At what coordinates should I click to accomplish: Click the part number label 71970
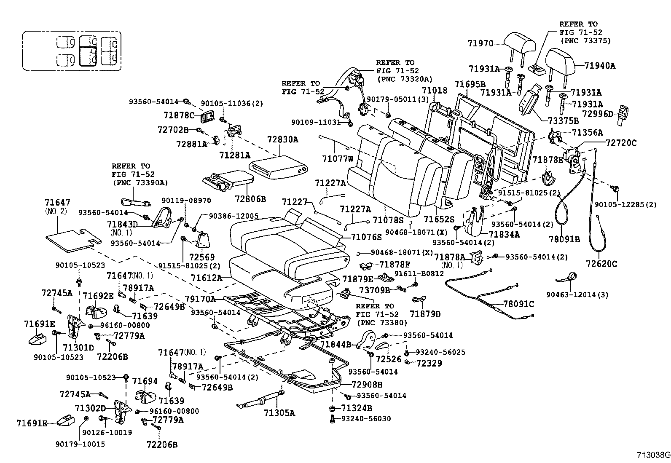click(x=480, y=43)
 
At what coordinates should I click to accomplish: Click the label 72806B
click(x=250, y=198)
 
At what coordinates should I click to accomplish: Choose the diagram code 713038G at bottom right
click(x=653, y=455)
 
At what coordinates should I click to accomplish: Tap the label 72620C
click(x=601, y=264)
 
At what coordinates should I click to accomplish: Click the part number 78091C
click(x=518, y=304)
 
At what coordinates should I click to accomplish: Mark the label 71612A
click(x=206, y=278)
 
